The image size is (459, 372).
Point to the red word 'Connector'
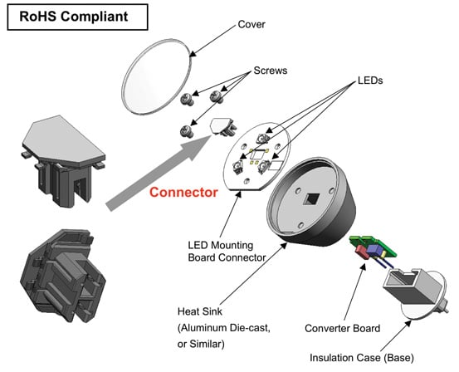click(184, 193)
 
